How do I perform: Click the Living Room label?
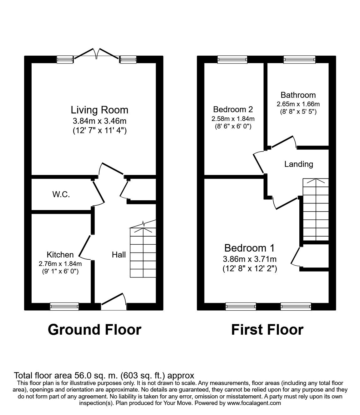99,110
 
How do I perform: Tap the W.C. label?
61,194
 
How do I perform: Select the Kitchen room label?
60,254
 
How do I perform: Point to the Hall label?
119,255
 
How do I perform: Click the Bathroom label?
298,95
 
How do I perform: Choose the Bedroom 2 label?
233,109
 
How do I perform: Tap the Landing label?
298,164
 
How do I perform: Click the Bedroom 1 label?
249,248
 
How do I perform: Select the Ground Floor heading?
94,330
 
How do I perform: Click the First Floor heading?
267,330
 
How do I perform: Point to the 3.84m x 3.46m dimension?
99,121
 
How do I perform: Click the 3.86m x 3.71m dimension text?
250,259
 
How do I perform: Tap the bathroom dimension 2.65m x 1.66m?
298,104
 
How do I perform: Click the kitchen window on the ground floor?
64,307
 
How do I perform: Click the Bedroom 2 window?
232,59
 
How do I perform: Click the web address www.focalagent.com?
254,403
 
